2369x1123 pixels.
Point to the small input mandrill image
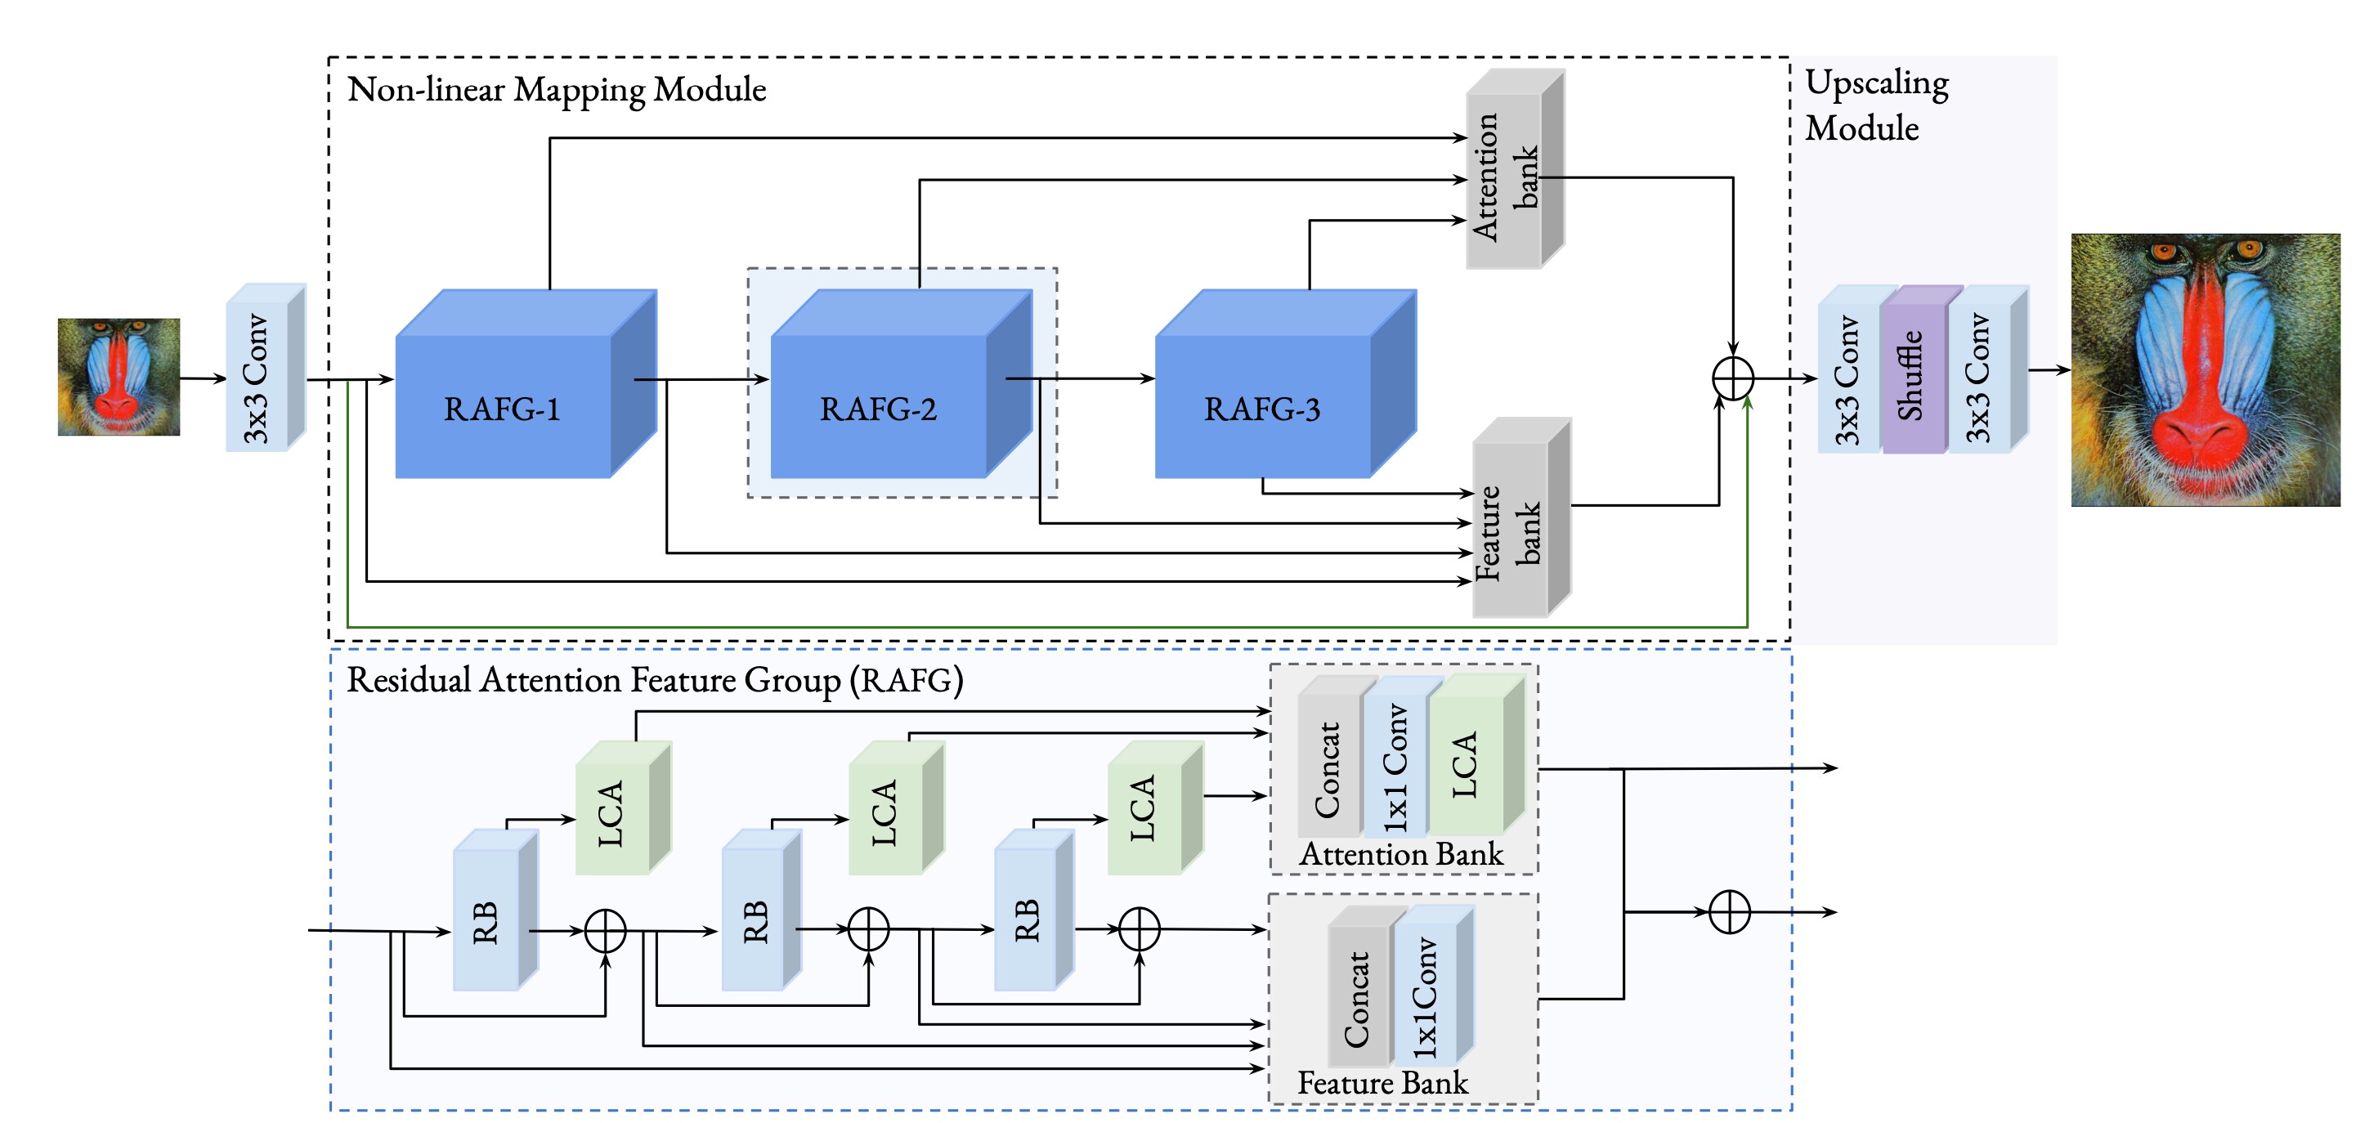[119, 376]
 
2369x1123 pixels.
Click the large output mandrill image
[2205, 369]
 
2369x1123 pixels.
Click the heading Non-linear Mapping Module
[557, 89]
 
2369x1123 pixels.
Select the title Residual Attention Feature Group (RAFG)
[654, 680]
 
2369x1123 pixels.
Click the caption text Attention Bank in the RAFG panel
[1399, 854]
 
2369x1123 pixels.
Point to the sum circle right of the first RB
[605, 931]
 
